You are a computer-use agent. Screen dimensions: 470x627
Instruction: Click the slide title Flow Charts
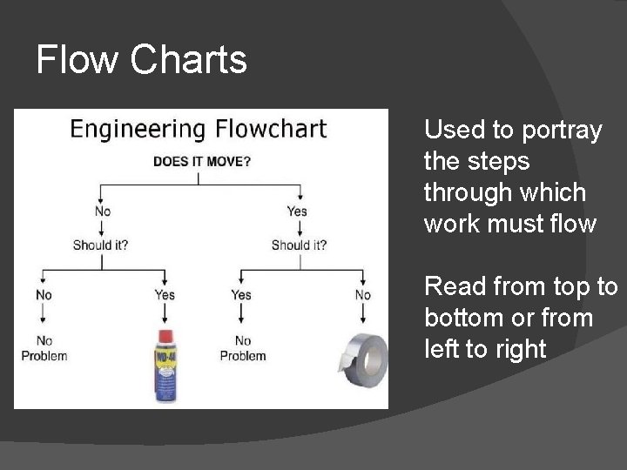142,60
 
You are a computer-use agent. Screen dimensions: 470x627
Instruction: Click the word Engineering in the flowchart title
137,130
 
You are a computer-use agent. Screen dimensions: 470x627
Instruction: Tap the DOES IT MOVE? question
202,161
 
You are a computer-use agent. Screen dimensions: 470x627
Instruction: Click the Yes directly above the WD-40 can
165,295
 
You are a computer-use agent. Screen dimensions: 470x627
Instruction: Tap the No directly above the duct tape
363,295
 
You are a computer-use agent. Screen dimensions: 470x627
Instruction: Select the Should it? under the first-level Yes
299,245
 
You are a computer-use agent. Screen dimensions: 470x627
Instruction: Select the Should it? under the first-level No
100,245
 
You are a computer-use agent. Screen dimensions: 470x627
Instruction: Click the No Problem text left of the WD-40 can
44,348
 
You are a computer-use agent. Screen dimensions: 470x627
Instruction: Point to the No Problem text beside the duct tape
243,348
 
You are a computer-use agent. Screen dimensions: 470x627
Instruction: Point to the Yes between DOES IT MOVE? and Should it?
297,211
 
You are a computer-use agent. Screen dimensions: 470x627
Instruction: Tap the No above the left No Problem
44,295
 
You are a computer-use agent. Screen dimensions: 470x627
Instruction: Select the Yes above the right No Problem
241,295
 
